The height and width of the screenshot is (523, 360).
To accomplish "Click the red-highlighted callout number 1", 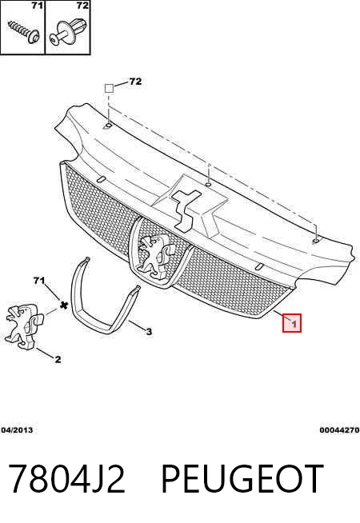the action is pyautogui.click(x=292, y=323).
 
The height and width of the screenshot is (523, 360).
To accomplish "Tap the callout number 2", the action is pyautogui.click(x=58, y=359).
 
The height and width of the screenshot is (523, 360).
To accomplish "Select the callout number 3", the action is pyautogui.click(x=149, y=332).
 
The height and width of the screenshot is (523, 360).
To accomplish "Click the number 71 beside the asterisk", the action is pyautogui.click(x=39, y=281).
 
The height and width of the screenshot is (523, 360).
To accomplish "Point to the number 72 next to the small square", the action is pyautogui.click(x=135, y=82).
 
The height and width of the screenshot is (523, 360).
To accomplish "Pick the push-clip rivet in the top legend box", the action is pyautogui.click(x=69, y=31).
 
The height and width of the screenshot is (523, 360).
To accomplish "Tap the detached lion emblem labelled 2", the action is pyautogui.click(x=23, y=326).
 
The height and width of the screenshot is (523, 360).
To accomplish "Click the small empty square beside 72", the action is pyautogui.click(x=109, y=89).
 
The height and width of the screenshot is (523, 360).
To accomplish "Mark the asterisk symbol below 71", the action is pyautogui.click(x=63, y=304).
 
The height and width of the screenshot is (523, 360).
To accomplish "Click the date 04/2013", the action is pyautogui.click(x=17, y=430).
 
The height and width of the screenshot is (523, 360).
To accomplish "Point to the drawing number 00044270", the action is pyautogui.click(x=339, y=430).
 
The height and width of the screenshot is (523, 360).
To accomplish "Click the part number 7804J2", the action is pyautogui.click(x=66, y=479).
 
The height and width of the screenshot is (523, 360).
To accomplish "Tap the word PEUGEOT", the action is pyautogui.click(x=242, y=479).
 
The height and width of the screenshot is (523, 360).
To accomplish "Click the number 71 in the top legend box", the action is pyautogui.click(x=37, y=6).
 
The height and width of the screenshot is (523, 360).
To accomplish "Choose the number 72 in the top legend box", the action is pyautogui.click(x=82, y=6).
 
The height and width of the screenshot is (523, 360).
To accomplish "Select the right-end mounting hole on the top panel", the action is pyautogui.click(x=315, y=241).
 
